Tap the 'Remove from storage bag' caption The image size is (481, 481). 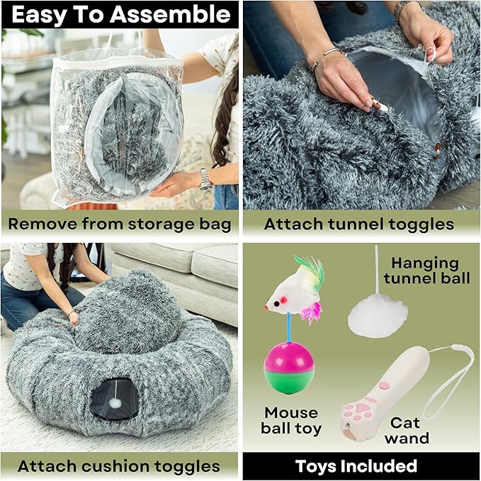[120, 225]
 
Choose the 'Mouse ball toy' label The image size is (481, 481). [293, 420]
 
